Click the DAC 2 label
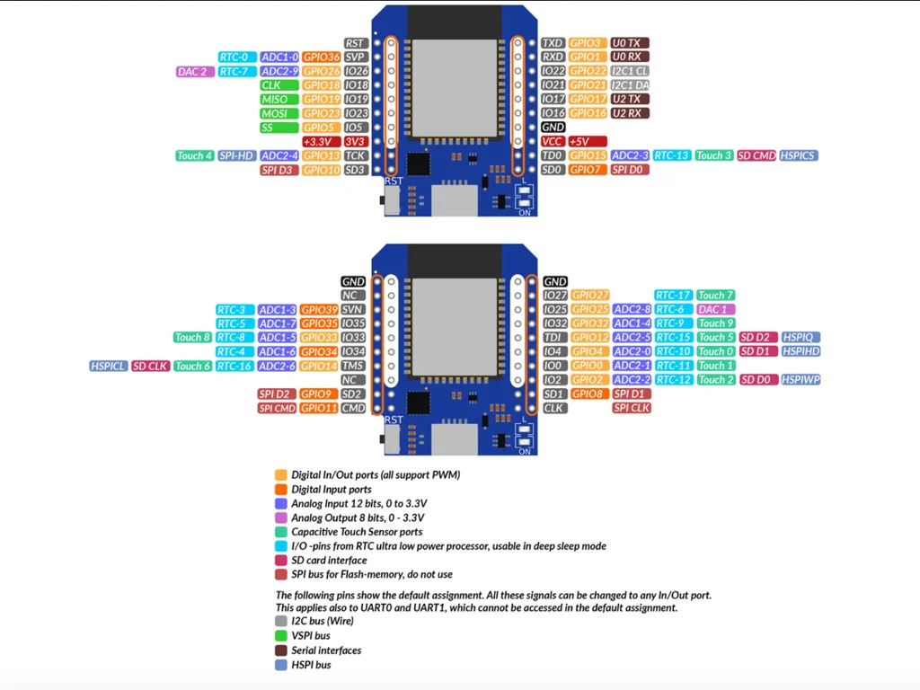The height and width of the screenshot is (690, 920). [195, 72]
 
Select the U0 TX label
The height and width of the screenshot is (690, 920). [630, 43]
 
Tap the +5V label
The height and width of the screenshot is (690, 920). [588, 141]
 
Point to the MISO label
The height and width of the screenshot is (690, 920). [279, 99]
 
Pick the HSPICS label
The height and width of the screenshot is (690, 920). [799, 155]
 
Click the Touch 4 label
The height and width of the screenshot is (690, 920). [195, 155]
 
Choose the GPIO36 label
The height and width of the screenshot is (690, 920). [322, 57]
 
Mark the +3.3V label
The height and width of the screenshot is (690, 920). [322, 141]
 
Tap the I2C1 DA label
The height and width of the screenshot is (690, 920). [630, 85]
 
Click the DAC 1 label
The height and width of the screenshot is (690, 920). [715, 309]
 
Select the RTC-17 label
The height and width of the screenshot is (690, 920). [673, 295]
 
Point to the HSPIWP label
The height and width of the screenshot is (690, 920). [801, 380]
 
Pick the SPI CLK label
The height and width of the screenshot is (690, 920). [632, 408]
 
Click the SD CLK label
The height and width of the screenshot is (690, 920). [150, 367]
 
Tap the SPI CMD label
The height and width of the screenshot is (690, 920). [277, 409]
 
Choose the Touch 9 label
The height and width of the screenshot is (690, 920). [715, 323]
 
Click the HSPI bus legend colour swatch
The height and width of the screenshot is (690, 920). [281, 665]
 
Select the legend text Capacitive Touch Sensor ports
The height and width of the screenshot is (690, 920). [357, 532]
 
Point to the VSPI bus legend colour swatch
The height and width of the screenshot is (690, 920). [281, 635]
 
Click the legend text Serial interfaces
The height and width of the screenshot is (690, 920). [326, 650]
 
